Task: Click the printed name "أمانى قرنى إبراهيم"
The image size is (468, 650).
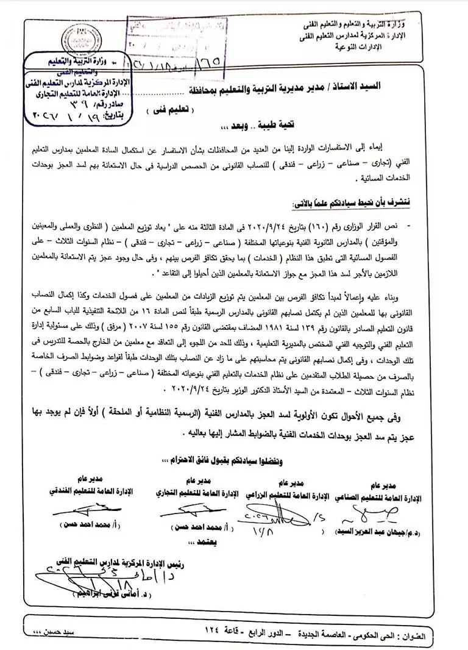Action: click(94, 595)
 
